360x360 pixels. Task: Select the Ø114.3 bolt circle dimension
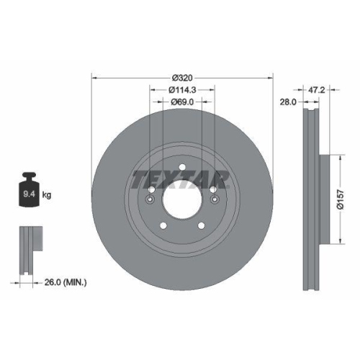[x=183, y=90]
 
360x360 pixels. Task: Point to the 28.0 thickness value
[x=289, y=103]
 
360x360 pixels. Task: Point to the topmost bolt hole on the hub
[x=183, y=170]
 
